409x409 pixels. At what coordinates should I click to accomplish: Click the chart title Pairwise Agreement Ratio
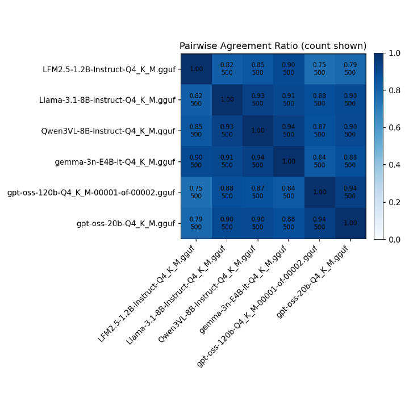click(x=273, y=46)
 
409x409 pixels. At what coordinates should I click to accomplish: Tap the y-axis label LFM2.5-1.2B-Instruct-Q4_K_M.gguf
click(x=109, y=69)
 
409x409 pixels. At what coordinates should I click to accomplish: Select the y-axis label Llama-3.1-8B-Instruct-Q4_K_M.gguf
click(x=107, y=100)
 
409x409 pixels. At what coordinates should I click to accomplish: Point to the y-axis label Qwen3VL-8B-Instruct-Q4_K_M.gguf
click(x=108, y=131)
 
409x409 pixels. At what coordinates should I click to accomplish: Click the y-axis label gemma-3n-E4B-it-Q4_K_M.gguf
click(x=115, y=162)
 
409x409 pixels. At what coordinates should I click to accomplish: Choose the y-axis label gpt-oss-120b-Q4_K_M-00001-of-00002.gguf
click(x=91, y=193)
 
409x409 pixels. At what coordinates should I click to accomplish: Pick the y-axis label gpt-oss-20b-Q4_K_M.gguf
click(x=126, y=223)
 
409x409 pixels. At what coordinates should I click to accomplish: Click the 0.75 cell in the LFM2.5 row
click(x=320, y=69)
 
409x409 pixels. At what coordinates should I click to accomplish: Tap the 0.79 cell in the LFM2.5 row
click(x=350, y=69)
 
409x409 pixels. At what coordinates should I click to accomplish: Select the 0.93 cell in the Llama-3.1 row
click(x=258, y=100)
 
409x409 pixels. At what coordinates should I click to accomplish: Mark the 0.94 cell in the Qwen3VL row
click(x=289, y=131)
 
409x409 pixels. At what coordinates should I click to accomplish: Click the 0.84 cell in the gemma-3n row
click(x=320, y=161)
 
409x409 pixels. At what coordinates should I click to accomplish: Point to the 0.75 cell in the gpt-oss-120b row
click(x=196, y=193)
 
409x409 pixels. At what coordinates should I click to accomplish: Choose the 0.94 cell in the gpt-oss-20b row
click(x=320, y=223)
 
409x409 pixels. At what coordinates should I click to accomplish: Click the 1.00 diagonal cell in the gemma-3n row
click(x=289, y=161)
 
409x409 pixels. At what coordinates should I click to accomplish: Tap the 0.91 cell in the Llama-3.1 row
click(x=289, y=100)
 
